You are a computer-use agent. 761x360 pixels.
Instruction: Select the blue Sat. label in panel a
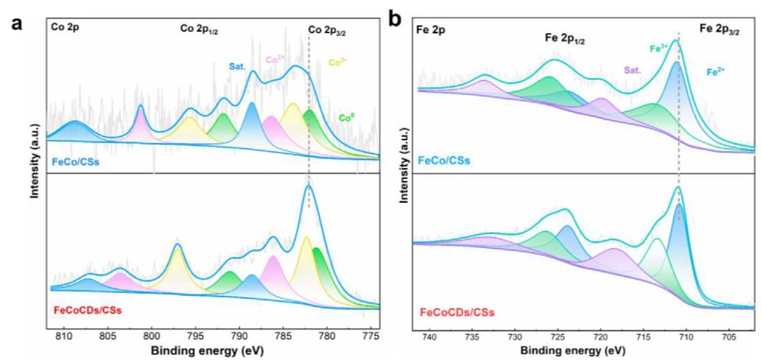coord(237,65)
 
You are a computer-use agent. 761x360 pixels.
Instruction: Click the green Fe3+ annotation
coord(658,49)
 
